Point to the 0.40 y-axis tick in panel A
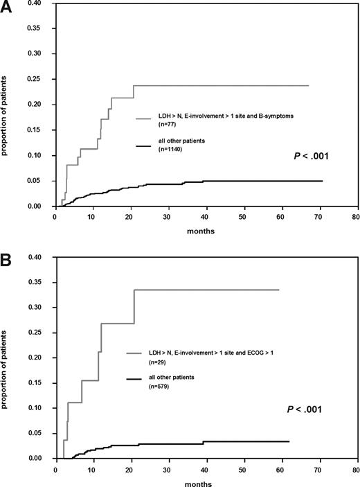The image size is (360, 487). tap(41, 3)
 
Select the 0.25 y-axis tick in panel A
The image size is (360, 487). tap(41, 79)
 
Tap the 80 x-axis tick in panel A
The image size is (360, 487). tap(355, 216)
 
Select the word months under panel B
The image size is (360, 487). tap(206, 482)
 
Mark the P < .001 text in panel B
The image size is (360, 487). tap(305, 410)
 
